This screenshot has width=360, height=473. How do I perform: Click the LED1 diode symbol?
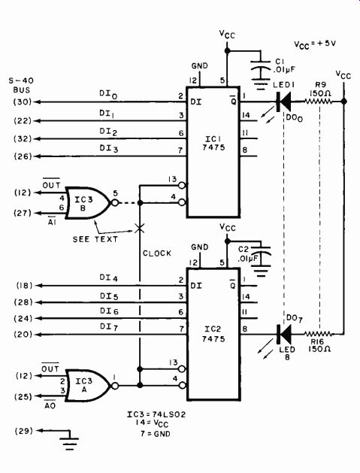(284, 102)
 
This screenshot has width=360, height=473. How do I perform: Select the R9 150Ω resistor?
(318, 102)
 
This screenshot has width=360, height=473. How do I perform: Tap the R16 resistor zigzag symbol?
(318, 334)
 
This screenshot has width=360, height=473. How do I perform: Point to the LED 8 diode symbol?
(284, 334)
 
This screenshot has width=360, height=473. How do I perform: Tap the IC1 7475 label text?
(213, 144)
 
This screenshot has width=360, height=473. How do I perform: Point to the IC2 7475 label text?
(213, 334)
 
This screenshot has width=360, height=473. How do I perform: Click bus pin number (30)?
(23, 102)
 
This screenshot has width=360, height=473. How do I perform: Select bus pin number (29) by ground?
(24, 431)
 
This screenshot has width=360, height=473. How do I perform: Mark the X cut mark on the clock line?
(139, 228)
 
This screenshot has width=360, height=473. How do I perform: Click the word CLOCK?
(157, 253)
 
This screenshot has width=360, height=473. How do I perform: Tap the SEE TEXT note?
(95, 239)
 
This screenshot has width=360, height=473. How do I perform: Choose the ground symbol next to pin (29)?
(70, 441)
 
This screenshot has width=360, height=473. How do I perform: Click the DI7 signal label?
(109, 327)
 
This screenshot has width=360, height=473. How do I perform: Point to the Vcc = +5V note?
(315, 44)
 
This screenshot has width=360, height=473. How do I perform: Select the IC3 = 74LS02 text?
(156, 414)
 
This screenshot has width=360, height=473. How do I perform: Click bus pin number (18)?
(24, 285)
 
